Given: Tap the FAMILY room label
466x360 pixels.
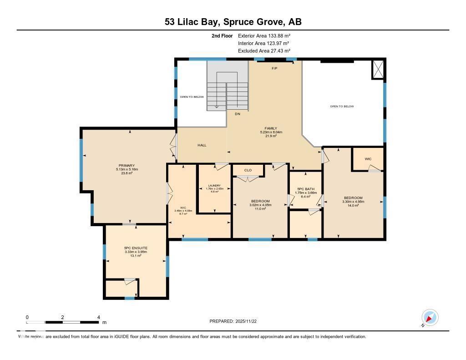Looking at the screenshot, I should (271, 128).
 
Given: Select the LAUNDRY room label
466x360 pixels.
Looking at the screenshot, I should (214, 186).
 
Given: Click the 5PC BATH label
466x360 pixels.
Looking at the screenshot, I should (306, 189).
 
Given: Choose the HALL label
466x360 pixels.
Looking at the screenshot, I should (202, 145).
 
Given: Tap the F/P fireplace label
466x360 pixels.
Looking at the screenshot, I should (274, 68).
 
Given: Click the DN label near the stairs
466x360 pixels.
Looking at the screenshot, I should (237, 114).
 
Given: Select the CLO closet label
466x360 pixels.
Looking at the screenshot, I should (248, 170).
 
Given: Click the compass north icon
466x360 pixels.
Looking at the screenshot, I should (430, 317).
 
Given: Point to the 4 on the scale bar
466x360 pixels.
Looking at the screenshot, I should (99, 317).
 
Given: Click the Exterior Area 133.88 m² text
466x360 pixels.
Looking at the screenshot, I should (264, 35).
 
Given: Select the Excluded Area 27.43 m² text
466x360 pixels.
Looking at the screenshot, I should (264, 51).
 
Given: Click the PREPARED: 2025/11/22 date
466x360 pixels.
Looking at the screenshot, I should (233, 321).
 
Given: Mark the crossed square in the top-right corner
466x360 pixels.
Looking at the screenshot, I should (378, 69).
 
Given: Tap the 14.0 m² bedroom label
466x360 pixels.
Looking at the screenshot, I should (353, 205).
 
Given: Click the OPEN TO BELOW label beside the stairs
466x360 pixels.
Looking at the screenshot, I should (191, 97).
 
